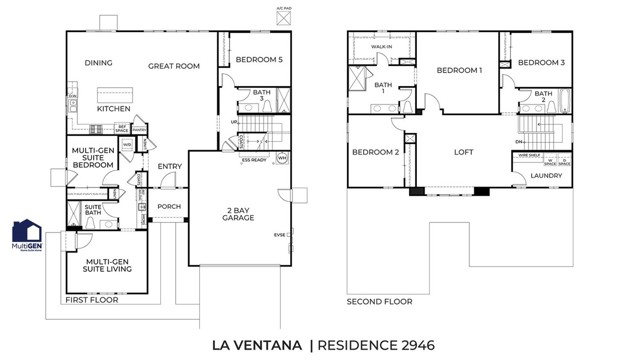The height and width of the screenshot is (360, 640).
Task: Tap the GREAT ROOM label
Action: [x=174, y=67]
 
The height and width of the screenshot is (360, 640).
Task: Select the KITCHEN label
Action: [x=113, y=108]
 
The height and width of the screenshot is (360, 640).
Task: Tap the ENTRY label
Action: [x=170, y=167]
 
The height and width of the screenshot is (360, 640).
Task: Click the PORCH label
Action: [x=169, y=207]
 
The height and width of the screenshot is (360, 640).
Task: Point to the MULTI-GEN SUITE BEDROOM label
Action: [x=93, y=158]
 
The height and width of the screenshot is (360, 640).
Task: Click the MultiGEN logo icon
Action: [x=26, y=236]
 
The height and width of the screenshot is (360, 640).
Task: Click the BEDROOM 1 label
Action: [x=460, y=71]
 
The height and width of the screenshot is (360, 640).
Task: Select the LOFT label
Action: [x=463, y=153]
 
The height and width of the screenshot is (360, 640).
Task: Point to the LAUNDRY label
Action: [x=545, y=176]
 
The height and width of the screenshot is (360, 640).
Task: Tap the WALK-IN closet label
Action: [x=381, y=46]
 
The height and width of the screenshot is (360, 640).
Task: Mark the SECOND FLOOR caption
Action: [x=379, y=300]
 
